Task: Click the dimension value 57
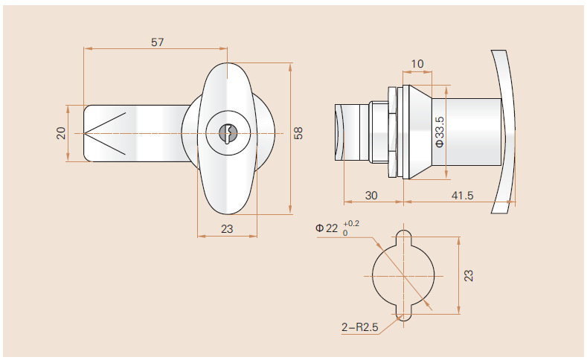[157, 42]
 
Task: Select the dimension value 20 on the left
[61, 133]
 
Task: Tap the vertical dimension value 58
[299, 134]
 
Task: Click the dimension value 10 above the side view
[417, 64]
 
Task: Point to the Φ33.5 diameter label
[439, 132]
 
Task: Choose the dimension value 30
[372, 195]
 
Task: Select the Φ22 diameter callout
[327, 228]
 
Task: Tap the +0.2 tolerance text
[351, 223]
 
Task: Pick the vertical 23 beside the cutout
[468, 275]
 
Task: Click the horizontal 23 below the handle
[227, 230]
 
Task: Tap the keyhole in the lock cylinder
[228, 134]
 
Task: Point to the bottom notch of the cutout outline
[403, 313]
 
